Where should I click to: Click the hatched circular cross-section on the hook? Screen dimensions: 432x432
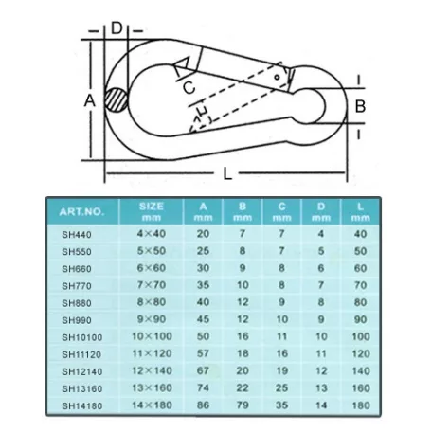[117, 99]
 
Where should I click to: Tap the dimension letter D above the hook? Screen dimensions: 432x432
[117, 28]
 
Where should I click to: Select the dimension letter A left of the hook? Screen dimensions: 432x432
[90, 101]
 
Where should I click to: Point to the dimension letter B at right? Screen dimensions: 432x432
[360, 106]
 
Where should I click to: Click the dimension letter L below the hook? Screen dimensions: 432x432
[227, 173]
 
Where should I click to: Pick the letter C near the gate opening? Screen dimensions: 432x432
[189, 87]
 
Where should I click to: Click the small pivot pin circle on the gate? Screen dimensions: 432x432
[277, 77]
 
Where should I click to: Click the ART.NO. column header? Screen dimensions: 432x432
[81, 211]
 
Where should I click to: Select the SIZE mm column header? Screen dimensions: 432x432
[152, 211]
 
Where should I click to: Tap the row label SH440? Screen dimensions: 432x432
[77, 235]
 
